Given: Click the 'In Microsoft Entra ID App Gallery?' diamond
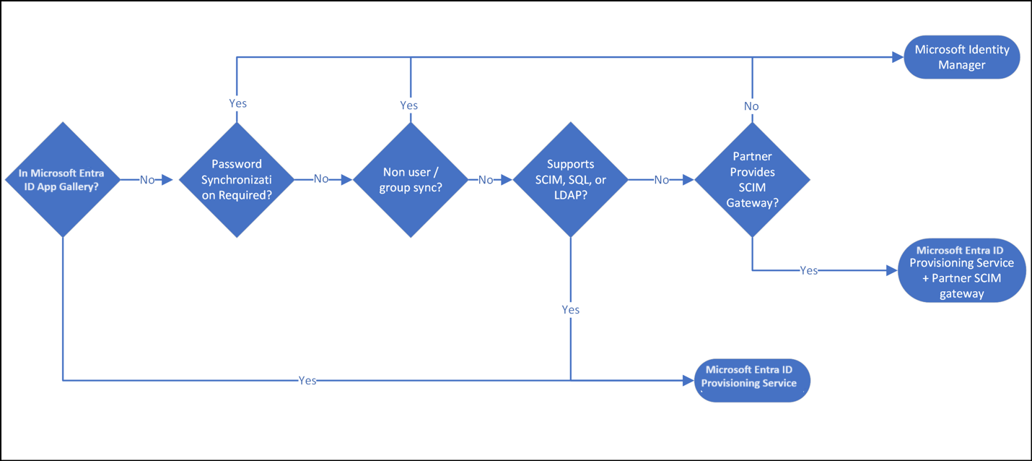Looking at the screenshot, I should pos(63,179).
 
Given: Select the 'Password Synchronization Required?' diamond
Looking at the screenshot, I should pos(237,179).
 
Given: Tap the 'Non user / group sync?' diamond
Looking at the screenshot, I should pos(410,179).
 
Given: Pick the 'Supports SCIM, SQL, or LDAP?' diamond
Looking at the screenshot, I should pos(570,179).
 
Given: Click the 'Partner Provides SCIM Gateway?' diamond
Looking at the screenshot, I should pos(752,179).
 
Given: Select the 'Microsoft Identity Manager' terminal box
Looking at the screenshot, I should pos(961,57).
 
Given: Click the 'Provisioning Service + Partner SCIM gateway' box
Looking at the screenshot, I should pos(961,270).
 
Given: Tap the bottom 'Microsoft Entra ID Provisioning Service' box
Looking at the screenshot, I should pos(751,379).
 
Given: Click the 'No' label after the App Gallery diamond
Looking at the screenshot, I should pos(147,180).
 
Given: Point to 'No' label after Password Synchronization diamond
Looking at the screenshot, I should pos(321,179).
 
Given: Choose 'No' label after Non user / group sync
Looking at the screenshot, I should pos(486,180).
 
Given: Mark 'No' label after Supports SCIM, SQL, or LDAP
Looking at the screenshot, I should pos(661,180).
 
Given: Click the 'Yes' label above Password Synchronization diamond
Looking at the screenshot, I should pos(237,103).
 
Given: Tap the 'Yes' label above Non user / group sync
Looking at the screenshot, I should pos(408,105).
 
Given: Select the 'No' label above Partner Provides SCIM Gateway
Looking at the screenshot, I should pos(751,106).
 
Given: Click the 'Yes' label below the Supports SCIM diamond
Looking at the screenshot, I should pos(570,309).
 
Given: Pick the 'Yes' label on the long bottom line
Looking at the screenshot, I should pos(307,380).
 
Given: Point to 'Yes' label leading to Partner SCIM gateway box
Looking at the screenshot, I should pos(809,270).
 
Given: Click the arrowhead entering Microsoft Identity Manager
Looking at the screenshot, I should pos(898,57).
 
